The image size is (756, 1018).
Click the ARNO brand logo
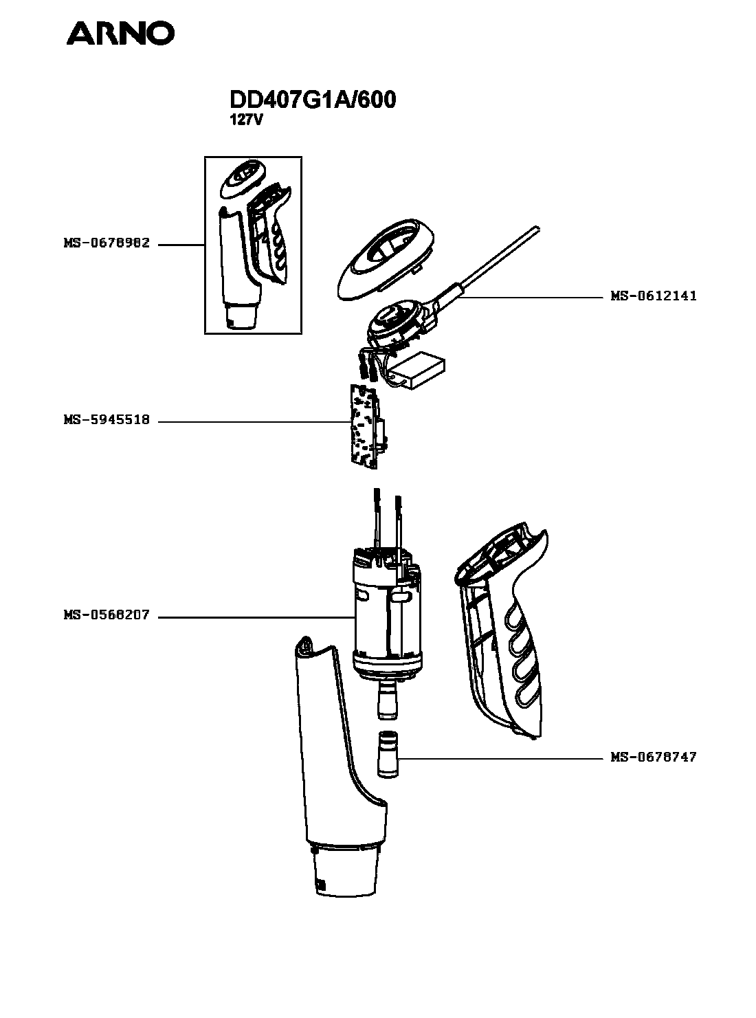(120, 33)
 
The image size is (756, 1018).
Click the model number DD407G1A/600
(312, 100)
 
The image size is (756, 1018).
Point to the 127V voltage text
(246, 119)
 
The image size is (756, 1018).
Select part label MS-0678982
(107, 243)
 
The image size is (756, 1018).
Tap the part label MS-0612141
(654, 296)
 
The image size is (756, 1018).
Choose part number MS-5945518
(107, 421)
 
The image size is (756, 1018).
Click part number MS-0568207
(107, 616)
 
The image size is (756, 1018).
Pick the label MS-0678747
(654, 757)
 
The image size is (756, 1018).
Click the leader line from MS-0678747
(502, 758)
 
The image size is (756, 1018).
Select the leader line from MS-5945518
(254, 421)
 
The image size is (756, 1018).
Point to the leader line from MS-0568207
(254, 617)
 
